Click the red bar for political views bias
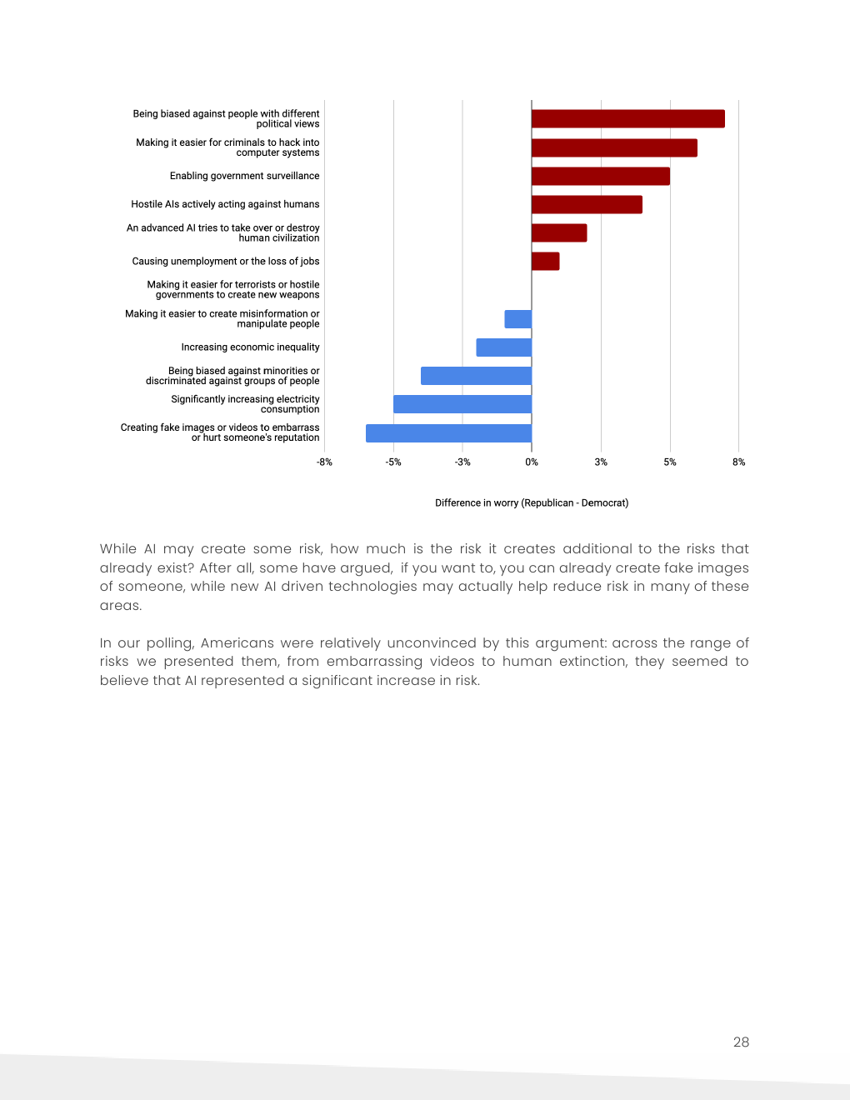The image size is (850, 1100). tap(627, 118)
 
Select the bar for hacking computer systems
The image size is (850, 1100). tap(614, 147)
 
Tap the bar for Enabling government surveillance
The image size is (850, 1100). tap(600, 176)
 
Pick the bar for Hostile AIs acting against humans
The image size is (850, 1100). tap(587, 204)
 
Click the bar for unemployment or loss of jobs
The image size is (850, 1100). tap(545, 261)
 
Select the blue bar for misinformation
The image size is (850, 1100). tap(517, 319)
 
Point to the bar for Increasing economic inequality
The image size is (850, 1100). tap(503, 347)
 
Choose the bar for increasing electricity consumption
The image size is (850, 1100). tap(462, 404)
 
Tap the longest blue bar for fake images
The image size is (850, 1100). tap(448, 433)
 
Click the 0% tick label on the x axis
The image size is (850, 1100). tap(532, 462)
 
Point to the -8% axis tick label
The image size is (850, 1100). tap(324, 462)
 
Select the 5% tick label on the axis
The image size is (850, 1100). tap(670, 462)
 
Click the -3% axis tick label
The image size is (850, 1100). tap(462, 462)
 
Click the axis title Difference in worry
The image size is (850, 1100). tap(532, 503)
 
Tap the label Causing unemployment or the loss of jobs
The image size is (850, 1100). tap(226, 262)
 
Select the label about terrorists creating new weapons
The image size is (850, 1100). tap(233, 290)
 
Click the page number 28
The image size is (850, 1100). tap(741, 1042)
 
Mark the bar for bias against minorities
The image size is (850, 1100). tap(476, 376)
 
